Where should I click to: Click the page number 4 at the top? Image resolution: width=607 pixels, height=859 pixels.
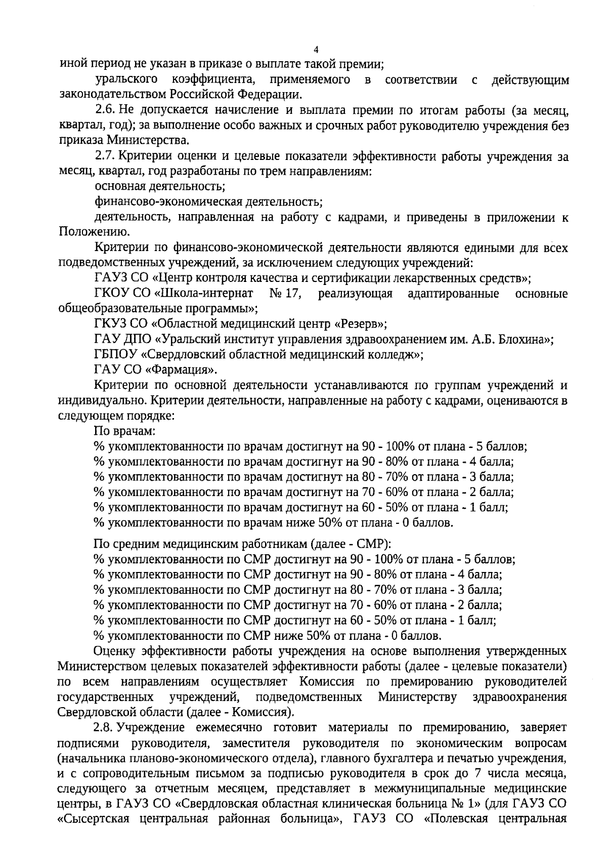[x=316, y=50]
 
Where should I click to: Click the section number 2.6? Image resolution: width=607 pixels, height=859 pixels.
[x=105, y=110]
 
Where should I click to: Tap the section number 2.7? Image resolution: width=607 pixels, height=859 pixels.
[x=105, y=157]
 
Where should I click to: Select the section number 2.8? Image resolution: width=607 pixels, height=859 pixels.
[x=105, y=728]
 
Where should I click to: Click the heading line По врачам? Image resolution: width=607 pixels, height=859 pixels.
[x=124, y=431]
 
